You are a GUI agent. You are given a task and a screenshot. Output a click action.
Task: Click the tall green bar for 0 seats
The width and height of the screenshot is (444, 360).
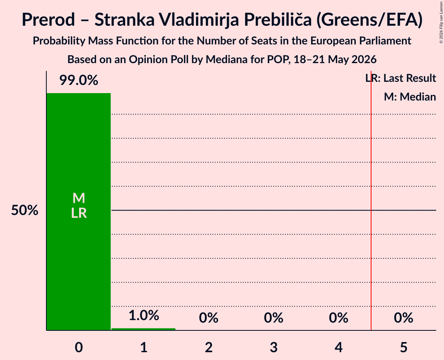pyautogui.click(x=79, y=212)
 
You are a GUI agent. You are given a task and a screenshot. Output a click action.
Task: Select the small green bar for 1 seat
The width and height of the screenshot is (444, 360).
pyautogui.click(x=143, y=329)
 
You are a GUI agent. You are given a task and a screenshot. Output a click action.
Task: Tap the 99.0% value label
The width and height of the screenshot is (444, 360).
pyautogui.click(x=79, y=80)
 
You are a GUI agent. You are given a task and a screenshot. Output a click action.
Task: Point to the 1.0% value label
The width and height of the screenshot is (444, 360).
pyautogui.click(x=144, y=315)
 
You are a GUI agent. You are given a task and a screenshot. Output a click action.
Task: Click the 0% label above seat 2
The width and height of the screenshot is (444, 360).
pyautogui.click(x=209, y=318)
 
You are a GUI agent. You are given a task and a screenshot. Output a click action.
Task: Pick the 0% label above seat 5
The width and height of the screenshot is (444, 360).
pyautogui.click(x=403, y=318)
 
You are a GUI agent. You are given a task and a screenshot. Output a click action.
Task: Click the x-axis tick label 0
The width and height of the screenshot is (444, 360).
pyautogui.click(x=79, y=347)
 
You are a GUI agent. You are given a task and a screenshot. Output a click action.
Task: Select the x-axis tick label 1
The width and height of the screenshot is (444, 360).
pyautogui.click(x=144, y=347)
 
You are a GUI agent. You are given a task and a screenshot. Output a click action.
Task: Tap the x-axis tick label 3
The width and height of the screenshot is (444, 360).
pyautogui.click(x=274, y=347)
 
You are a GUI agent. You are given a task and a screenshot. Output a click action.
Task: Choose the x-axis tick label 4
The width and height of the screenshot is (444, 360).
pyautogui.click(x=339, y=347)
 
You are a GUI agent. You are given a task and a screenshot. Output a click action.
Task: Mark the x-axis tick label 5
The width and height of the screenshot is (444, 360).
pyautogui.click(x=403, y=347)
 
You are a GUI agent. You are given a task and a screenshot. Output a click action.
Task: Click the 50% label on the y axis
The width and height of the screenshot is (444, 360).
pyautogui.click(x=25, y=210)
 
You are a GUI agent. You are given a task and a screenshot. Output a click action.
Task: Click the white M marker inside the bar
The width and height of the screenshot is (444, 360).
pyautogui.click(x=79, y=198)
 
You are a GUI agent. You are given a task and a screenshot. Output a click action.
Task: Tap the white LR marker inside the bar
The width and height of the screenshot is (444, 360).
pyautogui.click(x=79, y=213)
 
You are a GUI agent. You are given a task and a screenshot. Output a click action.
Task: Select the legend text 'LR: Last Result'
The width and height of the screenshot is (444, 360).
pyautogui.click(x=401, y=78)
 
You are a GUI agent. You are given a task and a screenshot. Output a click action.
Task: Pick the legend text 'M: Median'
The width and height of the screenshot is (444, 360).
pyautogui.click(x=410, y=97)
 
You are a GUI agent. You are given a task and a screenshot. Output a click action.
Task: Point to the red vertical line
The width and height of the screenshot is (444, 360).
pyautogui.click(x=371, y=200)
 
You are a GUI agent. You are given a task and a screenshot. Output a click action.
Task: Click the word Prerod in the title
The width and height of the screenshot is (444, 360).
pyautogui.click(x=48, y=20)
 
